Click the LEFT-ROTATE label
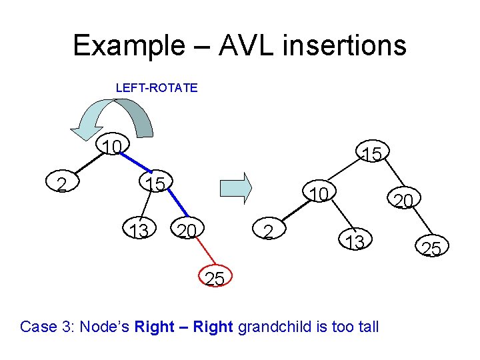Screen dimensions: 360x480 [157, 87]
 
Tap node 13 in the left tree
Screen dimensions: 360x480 [139, 231]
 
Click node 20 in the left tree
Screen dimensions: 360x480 [187, 231]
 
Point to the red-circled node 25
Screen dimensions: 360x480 [215, 279]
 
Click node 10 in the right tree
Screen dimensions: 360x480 [319, 193]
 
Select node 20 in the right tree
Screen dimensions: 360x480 [403, 200]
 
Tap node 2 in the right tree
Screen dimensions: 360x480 [267, 231]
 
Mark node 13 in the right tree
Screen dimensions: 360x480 [354, 242]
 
